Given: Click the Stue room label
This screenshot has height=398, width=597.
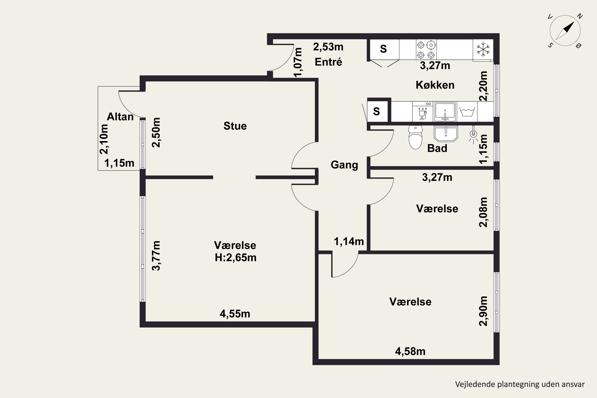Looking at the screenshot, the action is [x=235, y=126].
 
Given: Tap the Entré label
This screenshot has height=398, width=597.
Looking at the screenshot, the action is [x=329, y=62].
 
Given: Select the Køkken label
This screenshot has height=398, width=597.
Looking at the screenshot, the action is [x=435, y=85].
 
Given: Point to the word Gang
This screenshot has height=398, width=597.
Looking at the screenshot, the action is [x=344, y=165].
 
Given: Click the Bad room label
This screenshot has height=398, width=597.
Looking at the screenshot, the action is [x=437, y=148].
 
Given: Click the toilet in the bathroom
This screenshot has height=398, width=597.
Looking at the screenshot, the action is [x=415, y=137].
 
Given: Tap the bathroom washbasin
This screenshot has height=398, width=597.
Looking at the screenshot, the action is [x=446, y=134].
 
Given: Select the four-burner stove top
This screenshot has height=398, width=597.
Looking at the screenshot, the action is [x=426, y=50].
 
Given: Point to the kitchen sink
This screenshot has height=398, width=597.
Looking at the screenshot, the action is [x=445, y=112].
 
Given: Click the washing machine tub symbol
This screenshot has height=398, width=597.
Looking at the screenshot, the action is [x=467, y=112].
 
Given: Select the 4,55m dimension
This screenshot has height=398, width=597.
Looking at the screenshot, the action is [x=235, y=314].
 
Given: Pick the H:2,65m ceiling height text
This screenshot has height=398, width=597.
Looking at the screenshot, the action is [x=236, y=258].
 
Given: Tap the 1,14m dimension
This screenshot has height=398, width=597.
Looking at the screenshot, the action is [x=349, y=241].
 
